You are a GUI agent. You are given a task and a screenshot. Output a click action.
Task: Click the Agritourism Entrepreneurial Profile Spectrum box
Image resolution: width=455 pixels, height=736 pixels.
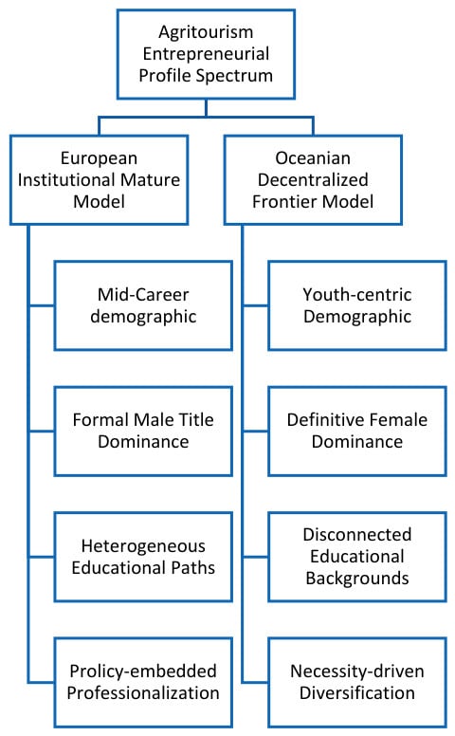pos(206,54)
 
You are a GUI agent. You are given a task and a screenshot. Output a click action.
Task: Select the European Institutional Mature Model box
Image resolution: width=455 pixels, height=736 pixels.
pos(99,180)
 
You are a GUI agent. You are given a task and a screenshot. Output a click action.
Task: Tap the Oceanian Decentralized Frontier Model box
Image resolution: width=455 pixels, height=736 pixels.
pos(313,180)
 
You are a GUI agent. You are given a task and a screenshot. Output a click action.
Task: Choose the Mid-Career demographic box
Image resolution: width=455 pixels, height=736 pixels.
pos(143,305)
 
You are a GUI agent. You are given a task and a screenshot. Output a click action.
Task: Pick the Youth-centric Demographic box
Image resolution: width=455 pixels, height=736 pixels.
pos(357,305)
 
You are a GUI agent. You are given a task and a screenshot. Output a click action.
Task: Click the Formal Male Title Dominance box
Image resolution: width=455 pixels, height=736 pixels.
pos(143,431)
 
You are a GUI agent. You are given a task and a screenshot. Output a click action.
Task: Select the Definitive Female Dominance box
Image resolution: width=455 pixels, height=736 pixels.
pos(357,431)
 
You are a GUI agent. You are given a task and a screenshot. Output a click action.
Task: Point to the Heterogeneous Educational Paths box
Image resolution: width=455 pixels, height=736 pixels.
pos(143,557)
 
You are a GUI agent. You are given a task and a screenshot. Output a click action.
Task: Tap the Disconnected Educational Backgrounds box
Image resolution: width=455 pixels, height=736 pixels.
pos(357,557)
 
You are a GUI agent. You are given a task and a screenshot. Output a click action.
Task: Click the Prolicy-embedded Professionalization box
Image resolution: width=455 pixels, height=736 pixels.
pos(143,682)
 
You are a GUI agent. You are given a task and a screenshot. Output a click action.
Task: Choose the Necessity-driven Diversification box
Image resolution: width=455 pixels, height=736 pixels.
pos(357,682)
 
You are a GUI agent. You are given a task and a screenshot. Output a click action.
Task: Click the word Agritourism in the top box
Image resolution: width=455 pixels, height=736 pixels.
pos(206,32)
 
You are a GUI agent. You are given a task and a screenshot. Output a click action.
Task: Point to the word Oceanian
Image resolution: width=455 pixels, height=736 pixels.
pos(313,158)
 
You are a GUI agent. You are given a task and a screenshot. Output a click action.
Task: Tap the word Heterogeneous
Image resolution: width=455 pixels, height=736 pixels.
pos(143,546)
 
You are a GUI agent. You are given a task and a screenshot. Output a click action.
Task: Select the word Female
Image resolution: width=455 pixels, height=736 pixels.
pos(395,419)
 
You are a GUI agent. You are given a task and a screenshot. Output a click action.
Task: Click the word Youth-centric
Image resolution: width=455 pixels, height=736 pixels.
pos(357,295)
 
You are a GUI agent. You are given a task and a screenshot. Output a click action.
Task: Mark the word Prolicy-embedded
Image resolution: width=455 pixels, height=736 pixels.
pos(143,672)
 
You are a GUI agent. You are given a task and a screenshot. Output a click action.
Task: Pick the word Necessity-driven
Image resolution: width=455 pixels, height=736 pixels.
pos(357,672)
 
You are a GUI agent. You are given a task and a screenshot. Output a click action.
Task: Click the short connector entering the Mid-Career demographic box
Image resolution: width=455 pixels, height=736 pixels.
pos(42,305)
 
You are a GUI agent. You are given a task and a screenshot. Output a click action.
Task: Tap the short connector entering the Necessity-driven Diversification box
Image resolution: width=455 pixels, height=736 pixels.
pos(256,682)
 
